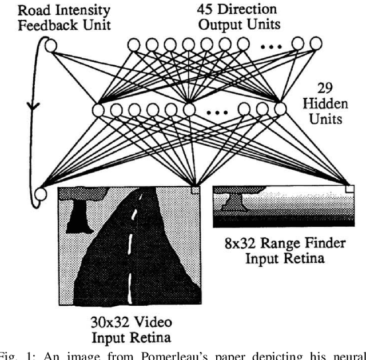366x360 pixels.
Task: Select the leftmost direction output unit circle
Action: click(x=133, y=44)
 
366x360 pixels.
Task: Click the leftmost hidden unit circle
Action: click(x=98, y=109)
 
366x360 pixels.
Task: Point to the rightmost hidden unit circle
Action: click(x=280, y=108)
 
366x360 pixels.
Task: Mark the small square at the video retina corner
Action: click(x=195, y=189)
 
